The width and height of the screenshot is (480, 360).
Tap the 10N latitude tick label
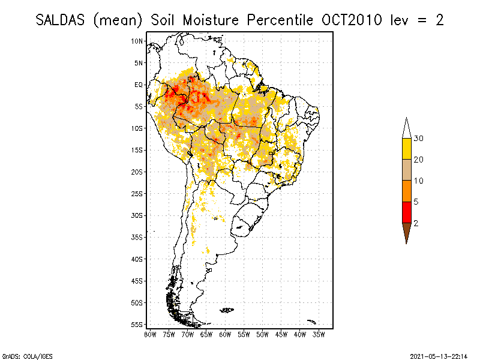(137, 41)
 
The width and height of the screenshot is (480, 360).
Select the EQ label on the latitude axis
(139, 85)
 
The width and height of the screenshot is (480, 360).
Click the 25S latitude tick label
(137, 193)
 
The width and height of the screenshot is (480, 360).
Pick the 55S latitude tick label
(137, 324)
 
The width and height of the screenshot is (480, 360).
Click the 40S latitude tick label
(137, 259)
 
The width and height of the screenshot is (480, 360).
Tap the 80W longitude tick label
(150, 334)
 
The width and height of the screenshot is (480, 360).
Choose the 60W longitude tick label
(225, 334)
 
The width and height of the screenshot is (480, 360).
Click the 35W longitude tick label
(319, 334)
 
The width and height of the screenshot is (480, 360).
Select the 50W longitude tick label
(262, 334)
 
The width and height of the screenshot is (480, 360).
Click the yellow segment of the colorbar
(407, 149)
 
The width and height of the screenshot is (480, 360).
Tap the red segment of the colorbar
(407, 212)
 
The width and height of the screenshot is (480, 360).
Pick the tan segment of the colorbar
(407, 170)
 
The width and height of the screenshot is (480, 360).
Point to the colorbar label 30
(418, 139)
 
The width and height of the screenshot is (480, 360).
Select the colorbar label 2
(416, 223)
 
